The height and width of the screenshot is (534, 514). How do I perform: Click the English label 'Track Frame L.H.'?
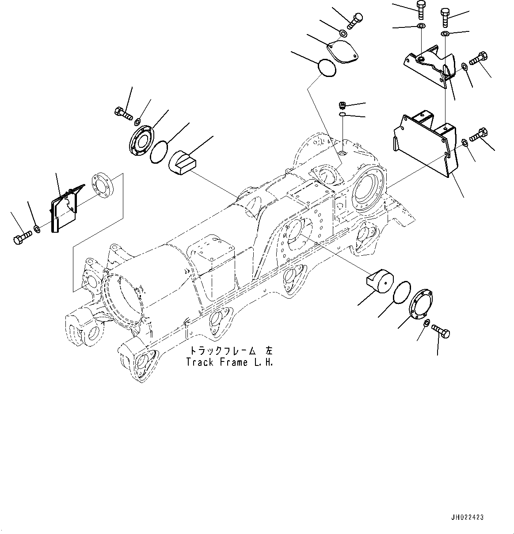click(x=229, y=362)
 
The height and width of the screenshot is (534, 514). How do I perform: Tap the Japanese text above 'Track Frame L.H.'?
click(x=231, y=351)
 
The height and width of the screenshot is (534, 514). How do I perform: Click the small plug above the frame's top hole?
click(x=341, y=105)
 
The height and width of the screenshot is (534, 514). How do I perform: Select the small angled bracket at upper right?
click(x=428, y=66)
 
